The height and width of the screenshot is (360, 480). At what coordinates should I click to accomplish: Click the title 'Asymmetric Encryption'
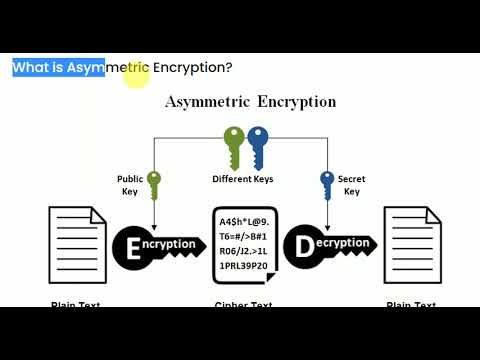click(250, 102)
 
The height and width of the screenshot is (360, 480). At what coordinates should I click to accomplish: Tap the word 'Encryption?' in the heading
click(193, 68)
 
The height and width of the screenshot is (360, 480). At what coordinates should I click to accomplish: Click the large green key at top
click(234, 146)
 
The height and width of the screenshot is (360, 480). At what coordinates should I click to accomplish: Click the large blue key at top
click(258, 146)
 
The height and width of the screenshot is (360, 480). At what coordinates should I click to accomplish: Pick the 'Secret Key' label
click(351, 186)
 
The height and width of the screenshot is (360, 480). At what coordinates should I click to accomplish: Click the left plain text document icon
click(76, 244)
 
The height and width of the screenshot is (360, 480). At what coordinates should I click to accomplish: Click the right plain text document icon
click(411, 244)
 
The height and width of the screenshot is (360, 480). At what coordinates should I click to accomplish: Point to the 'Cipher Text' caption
click(245, 303)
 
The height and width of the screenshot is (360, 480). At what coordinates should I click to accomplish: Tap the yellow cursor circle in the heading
click(137, 76)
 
